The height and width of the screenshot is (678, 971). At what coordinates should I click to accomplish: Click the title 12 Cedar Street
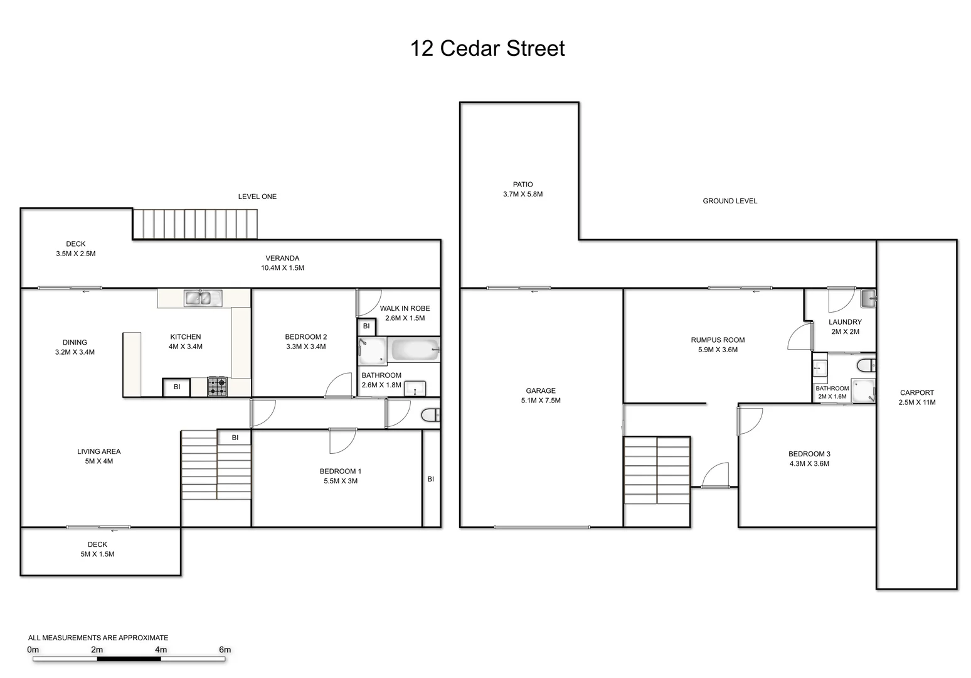click(x=487, y=48)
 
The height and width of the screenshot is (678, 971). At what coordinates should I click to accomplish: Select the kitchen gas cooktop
click(x=218, y=386)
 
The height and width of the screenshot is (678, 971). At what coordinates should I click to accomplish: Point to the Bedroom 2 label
click(x=305, y=337)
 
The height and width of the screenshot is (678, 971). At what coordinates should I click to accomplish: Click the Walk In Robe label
click(x=405, y=308)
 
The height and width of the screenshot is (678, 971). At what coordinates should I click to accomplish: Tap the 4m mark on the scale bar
click(x=161, y=650)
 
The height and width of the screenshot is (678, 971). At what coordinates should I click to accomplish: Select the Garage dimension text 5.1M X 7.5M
click(x=541, y=401)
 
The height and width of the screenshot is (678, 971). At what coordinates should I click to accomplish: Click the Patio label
click(x=523, y=185)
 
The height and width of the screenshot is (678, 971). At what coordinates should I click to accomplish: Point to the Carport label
click(x=916, y=392)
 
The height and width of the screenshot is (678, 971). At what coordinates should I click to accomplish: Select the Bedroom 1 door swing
click(x=342, y=441)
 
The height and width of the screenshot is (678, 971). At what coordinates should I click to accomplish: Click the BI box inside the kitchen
click(x=177, y=387)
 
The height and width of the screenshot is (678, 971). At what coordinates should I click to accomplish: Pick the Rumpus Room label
click(x=718, y=340)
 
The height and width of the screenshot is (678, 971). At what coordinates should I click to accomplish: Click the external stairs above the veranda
click(x=195, y=224)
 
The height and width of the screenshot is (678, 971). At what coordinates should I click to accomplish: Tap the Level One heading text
click(x=257, y=196)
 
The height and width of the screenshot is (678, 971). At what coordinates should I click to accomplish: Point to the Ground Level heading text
click(x=730, y=201)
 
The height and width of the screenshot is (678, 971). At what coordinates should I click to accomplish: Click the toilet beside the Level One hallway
click(x=431, y=415)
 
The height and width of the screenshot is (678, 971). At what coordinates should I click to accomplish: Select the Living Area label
click(x=98, y=451)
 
